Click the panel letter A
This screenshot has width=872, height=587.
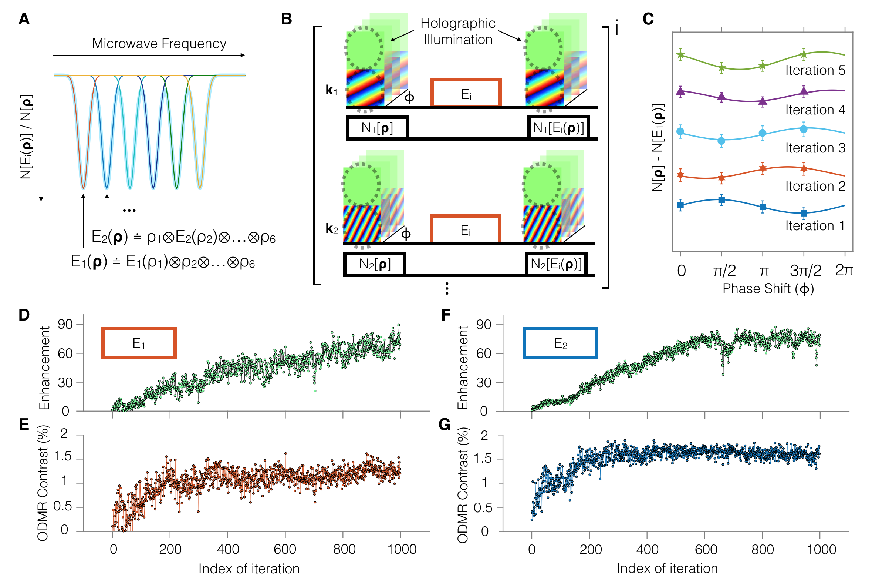24,19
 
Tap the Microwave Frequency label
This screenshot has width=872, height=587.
159,44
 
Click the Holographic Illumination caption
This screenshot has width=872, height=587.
457,31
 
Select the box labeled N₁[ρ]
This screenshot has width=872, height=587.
377,128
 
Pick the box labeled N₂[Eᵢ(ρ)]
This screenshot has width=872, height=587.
556,264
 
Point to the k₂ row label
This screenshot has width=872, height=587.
331,228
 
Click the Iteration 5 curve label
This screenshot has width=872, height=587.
815,70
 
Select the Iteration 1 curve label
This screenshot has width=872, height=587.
815,226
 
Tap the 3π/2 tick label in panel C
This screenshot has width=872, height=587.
805,271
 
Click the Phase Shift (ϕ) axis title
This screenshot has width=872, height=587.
768,289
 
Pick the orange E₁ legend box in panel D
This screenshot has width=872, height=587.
139,343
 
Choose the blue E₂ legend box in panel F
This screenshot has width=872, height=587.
560,343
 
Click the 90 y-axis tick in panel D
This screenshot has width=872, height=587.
65,324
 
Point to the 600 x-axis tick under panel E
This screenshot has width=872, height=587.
285,549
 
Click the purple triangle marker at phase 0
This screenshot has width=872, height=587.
680,91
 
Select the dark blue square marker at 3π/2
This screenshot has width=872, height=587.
804,214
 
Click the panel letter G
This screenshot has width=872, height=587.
444,425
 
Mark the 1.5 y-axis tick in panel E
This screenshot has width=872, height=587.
62,457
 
